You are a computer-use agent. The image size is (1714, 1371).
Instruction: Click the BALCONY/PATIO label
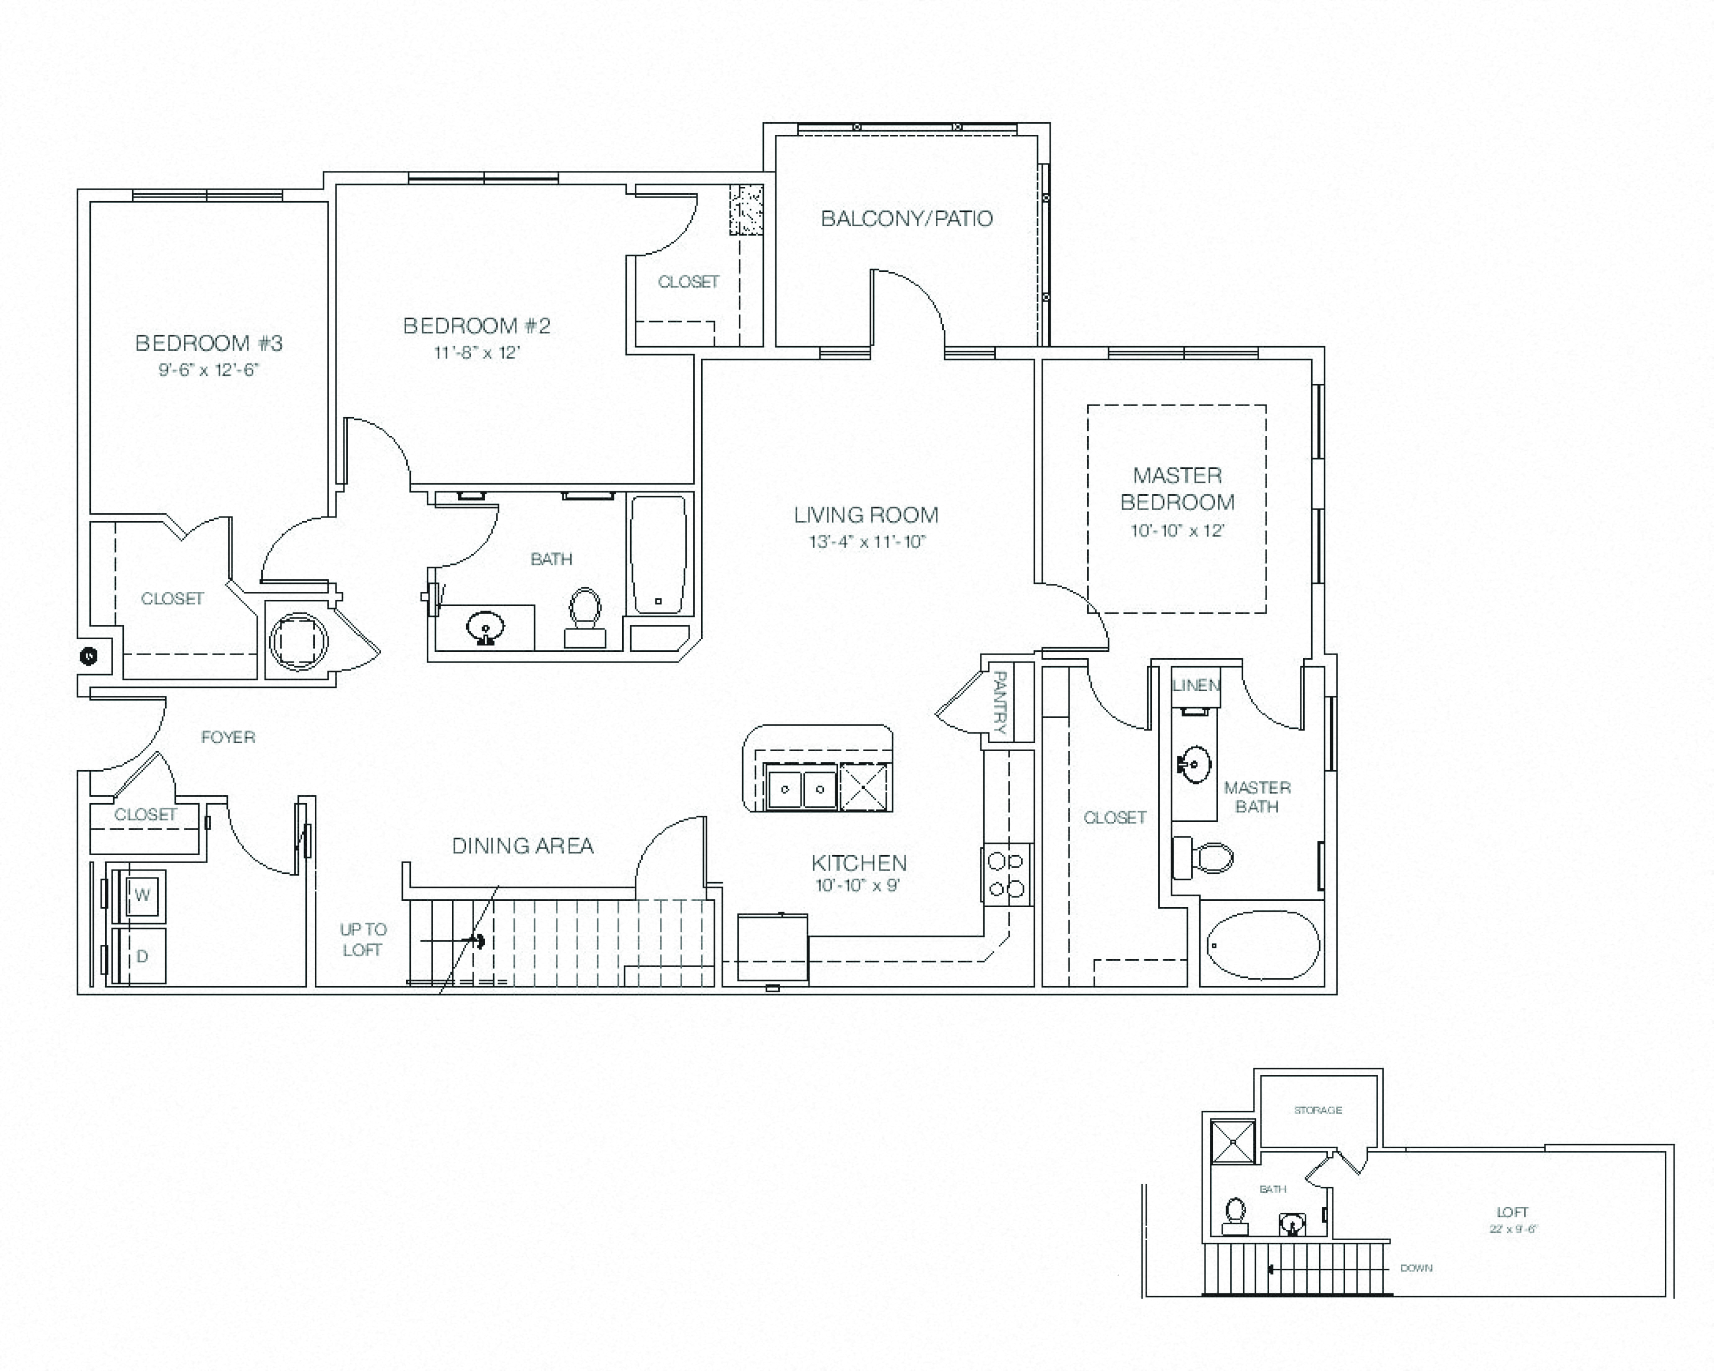click(906, 219)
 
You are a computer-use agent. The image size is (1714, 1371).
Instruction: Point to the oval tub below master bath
click(1263, 945)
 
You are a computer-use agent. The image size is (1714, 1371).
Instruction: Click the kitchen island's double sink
click(800, 788)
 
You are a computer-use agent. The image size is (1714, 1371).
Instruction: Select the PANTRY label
click(1000, 703)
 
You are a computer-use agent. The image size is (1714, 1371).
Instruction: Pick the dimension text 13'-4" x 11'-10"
click(867, 542)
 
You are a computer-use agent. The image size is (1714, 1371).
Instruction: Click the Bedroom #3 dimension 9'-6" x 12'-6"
click(209, 370)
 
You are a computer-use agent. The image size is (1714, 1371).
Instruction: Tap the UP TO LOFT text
click(363, 940)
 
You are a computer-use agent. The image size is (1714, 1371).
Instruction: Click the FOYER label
click(228, 737)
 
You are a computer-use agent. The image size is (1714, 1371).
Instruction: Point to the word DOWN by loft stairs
click(1416, 1268)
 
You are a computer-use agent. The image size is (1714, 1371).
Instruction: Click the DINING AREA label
click(522, 845)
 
